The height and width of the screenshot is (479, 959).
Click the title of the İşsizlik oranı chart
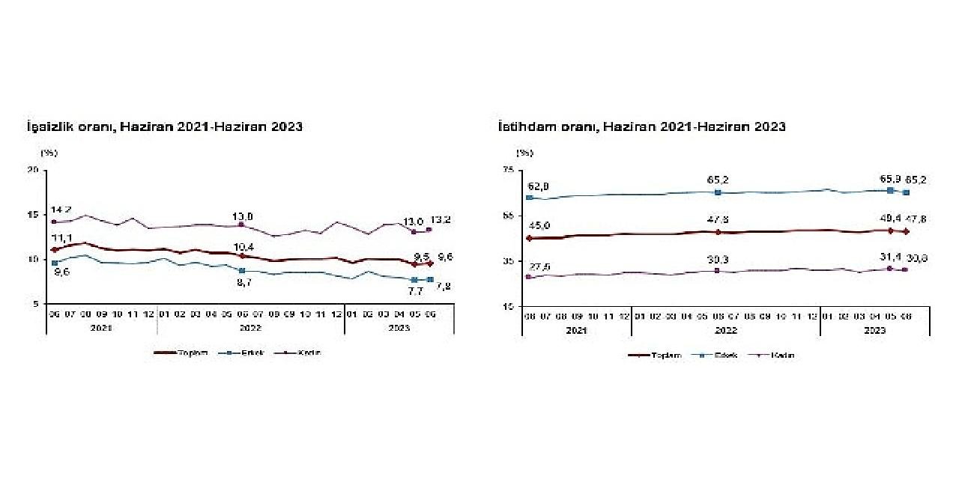click(x=164, y=126)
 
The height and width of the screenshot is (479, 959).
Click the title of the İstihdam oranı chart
click(x=642, y=126)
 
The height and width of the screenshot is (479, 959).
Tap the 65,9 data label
click(x=889, y=180)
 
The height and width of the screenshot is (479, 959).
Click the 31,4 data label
click(x=889, y=257)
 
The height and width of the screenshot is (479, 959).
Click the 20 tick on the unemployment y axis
click(x=33, y=170)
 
